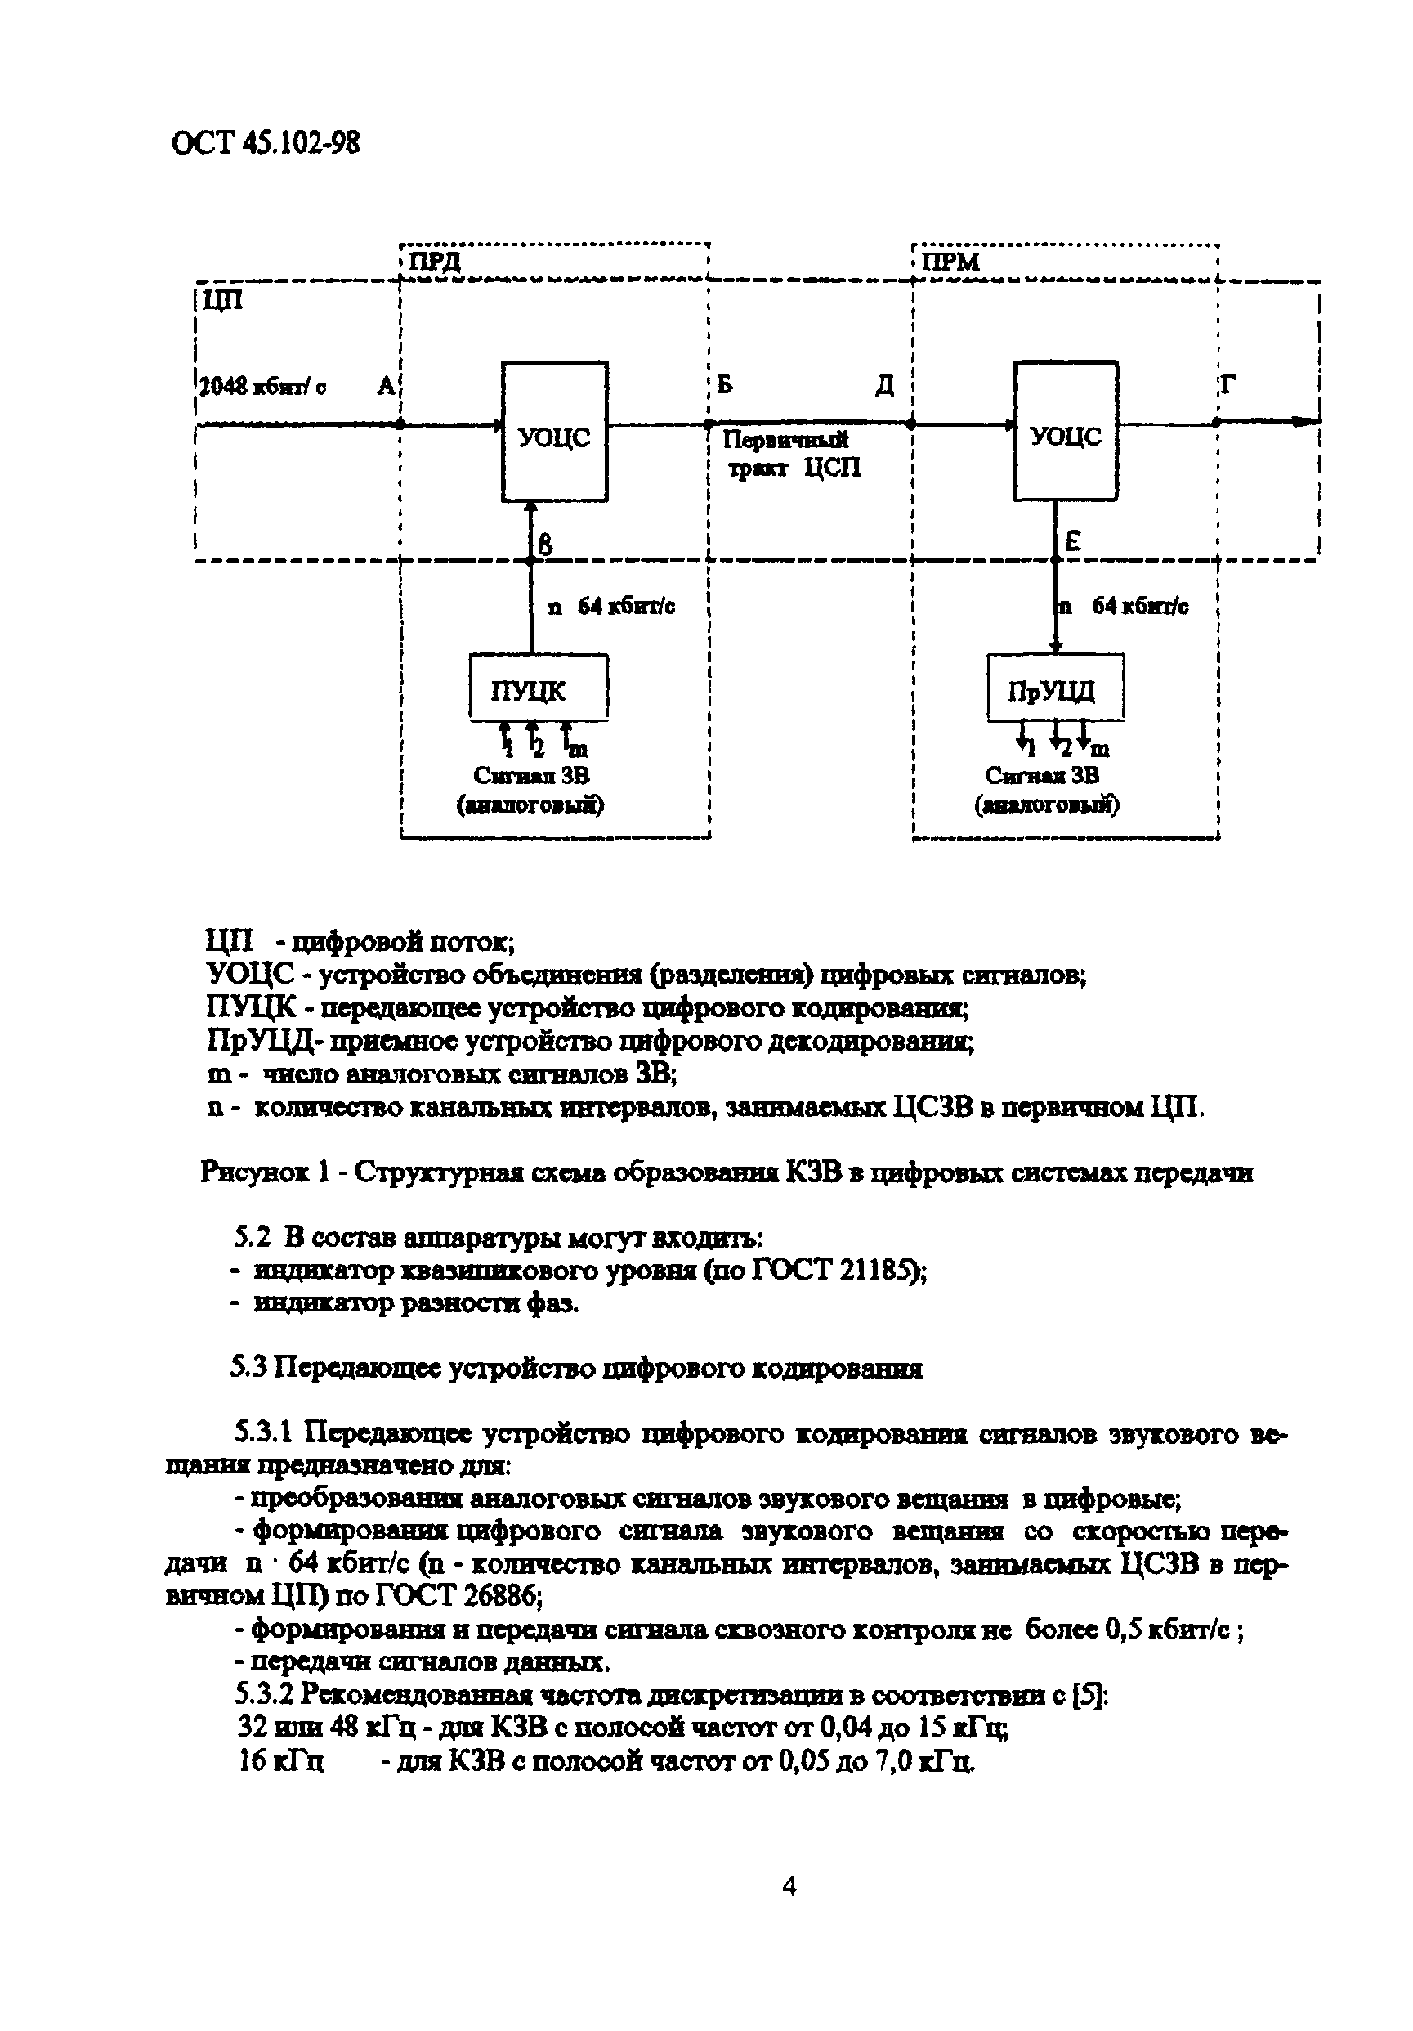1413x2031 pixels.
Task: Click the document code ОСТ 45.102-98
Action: click(266, 143)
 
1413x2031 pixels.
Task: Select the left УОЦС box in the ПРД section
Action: click(554, 432)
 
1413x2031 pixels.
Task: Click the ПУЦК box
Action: click(538, 687)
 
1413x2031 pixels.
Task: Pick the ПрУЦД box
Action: click(1055, 687)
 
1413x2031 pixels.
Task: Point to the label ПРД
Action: click(433, 262)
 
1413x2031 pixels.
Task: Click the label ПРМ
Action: click(950, 262)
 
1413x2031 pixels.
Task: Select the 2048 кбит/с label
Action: click(262, 387)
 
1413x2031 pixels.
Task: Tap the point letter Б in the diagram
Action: click(724, 386)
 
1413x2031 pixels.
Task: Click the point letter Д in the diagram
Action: click(884, 386)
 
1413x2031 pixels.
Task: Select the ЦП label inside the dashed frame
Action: click(222, 301)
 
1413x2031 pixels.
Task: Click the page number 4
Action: click(789, 1887)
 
